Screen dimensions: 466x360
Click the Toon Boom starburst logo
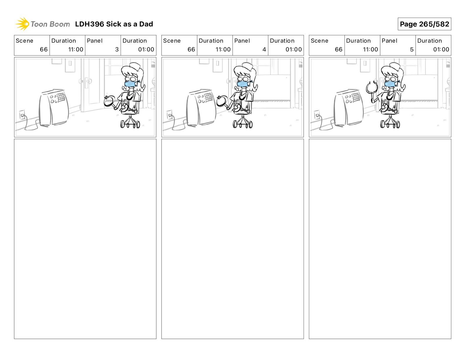click(x=22, y=24)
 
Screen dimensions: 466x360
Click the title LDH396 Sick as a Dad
click(x=114, y=24)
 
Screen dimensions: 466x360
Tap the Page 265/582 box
click(x=424, y=24)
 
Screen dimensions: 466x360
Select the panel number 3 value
click(x=117, y=49)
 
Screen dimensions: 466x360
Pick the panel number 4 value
click(x=264, y=49)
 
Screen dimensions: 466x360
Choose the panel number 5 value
click(x=412, y=49)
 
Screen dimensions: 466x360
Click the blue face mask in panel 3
click(x=131, y=84)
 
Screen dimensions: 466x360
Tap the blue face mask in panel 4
click(x=243, y=84)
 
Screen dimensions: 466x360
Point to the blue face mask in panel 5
click(x=390, y=84)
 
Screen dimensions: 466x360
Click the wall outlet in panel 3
click(x=22, y=114)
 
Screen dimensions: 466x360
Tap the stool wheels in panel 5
click(x=390, y=124)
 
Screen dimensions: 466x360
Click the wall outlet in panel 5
click(x=317, y=114)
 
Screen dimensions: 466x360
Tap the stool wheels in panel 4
click(x=242, y=124)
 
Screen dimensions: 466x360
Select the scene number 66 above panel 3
click(x=44, y=49)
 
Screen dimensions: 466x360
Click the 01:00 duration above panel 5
click(x=441, y=49)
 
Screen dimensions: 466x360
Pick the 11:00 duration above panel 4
click(x=223, y=49)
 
